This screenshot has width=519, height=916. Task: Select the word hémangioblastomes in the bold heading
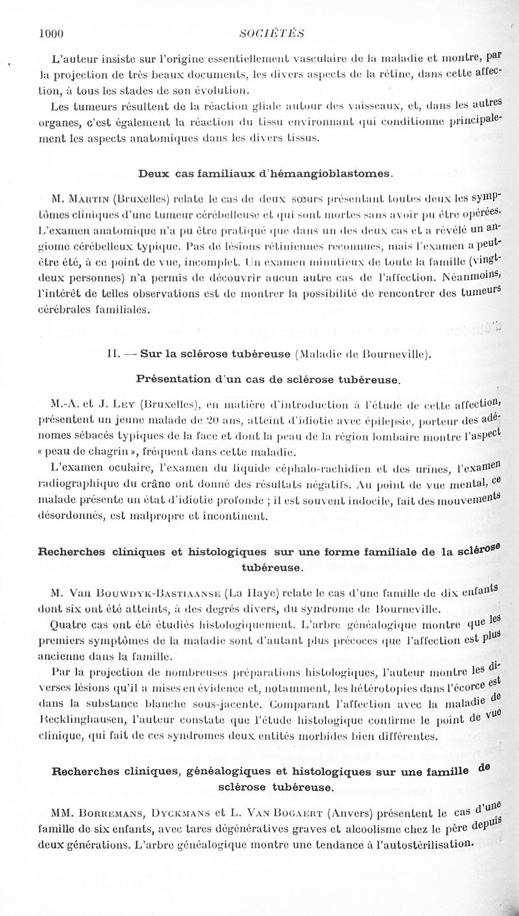point(337,174)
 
